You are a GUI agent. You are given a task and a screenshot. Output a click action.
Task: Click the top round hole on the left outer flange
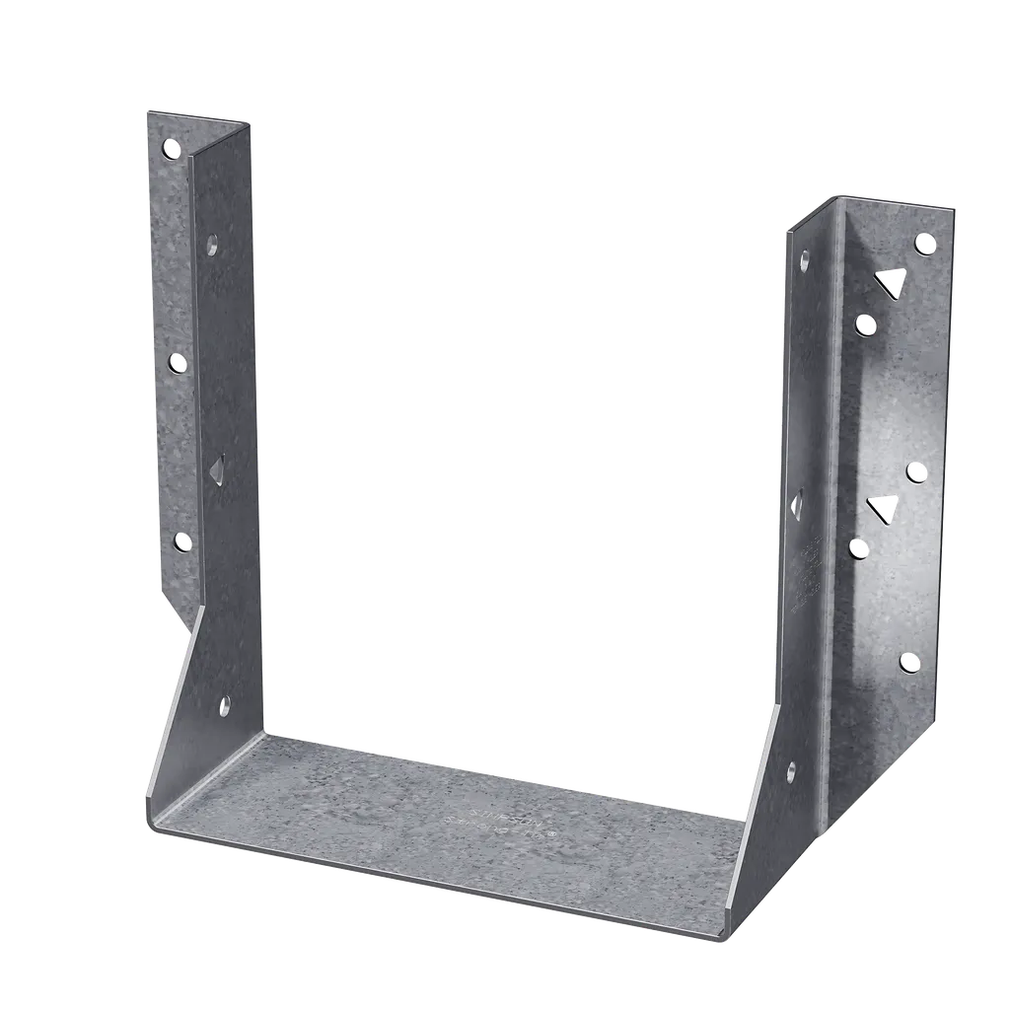172,149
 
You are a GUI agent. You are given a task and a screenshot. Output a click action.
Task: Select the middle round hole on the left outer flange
178,363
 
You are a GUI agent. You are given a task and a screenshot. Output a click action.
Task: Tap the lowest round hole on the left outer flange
181,541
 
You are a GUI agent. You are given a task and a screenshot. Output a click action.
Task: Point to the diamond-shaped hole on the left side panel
217,469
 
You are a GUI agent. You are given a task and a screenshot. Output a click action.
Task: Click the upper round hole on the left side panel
211,245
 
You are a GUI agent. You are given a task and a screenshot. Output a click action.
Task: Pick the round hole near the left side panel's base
224,704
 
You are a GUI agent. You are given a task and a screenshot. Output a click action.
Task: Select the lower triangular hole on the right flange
881,509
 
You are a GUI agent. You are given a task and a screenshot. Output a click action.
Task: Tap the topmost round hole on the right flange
924,243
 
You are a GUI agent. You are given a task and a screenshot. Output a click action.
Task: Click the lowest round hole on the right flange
909,662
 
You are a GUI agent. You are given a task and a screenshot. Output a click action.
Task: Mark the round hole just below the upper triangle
865,324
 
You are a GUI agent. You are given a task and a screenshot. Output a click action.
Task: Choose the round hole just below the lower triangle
859,547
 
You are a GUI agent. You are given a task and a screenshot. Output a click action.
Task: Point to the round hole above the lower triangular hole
916,472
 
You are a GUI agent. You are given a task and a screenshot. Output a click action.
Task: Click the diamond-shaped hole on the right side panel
798,504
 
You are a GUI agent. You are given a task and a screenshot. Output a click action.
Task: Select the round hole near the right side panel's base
790,771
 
